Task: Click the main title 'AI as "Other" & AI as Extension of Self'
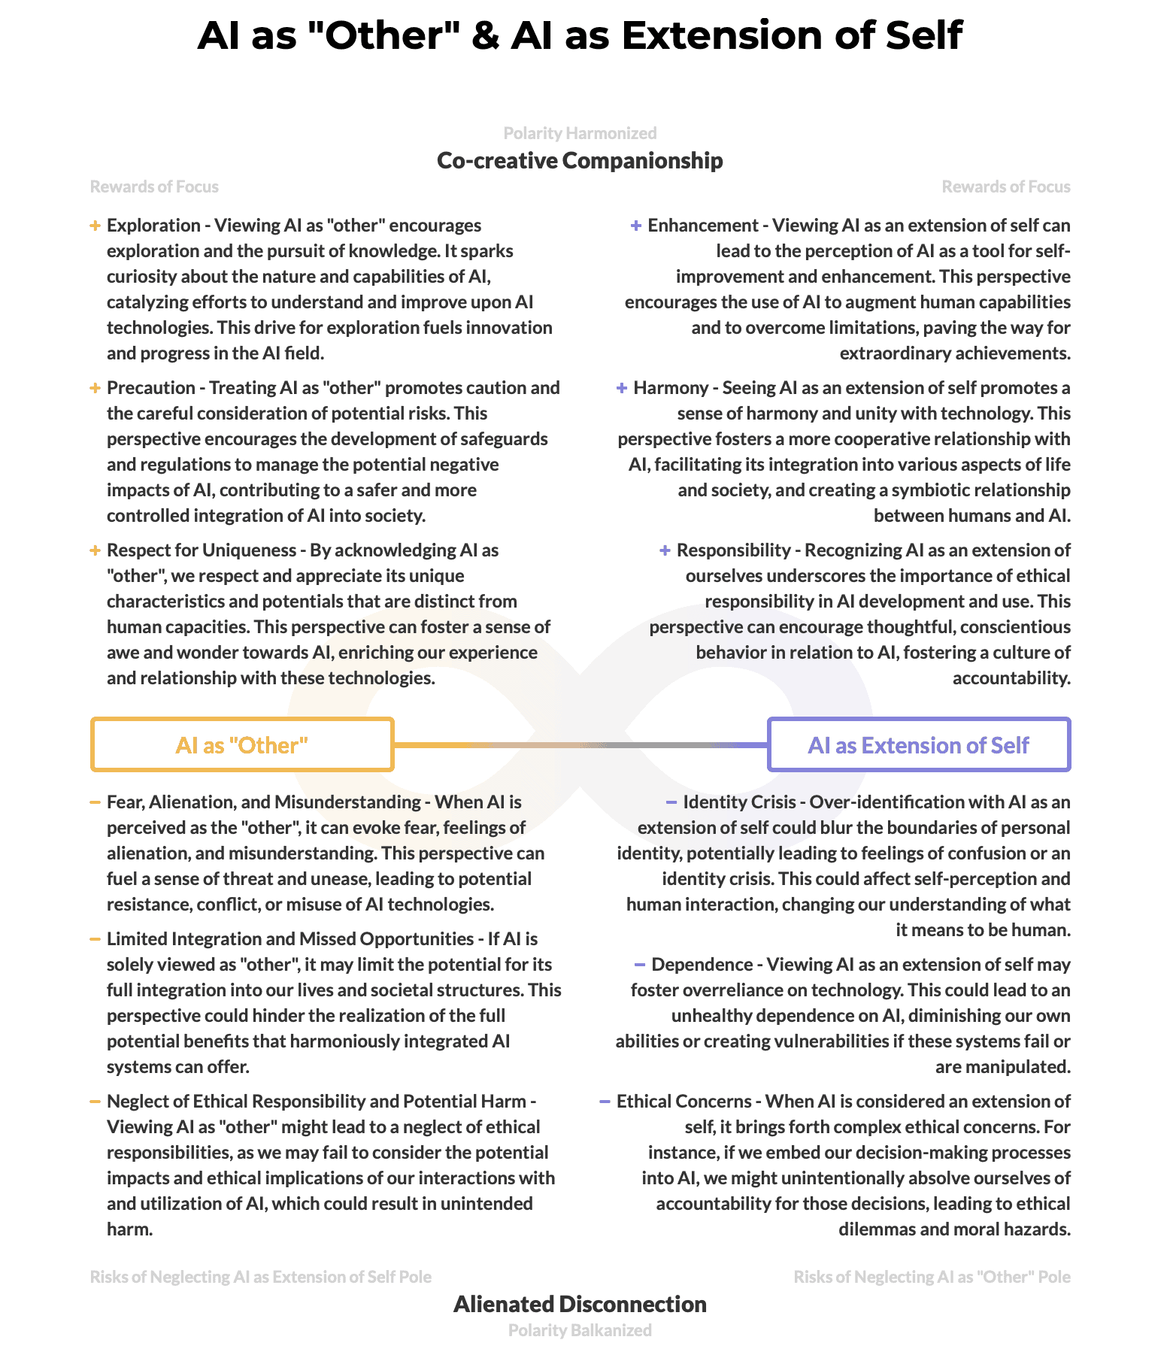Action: pos(580,35)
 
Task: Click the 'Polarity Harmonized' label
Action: pos(580,133)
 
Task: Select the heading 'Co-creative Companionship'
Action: pos(580,160)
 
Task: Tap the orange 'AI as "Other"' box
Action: pos(242,744)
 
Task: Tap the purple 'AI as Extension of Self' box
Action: pos(918,744)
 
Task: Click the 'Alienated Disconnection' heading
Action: pos(580,1304)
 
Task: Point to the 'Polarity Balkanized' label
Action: pos(580,1330)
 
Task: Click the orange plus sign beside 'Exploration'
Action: pos(95,226)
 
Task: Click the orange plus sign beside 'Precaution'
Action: pos(95,388)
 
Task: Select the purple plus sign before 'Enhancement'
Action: pos(636,226)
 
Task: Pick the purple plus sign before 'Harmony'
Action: pos(622,388)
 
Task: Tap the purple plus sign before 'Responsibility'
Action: pos(665,550)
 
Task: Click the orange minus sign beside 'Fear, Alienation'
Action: pos(95,802)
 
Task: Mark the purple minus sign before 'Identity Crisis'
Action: pos(671,802)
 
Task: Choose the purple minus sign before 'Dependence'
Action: pos(640,965)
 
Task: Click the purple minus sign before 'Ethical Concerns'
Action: pos(605,1102)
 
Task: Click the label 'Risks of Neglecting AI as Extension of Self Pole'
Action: pos(261,1277)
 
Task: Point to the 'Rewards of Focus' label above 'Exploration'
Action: pos(154,186)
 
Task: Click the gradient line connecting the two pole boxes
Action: pos(580,745)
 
